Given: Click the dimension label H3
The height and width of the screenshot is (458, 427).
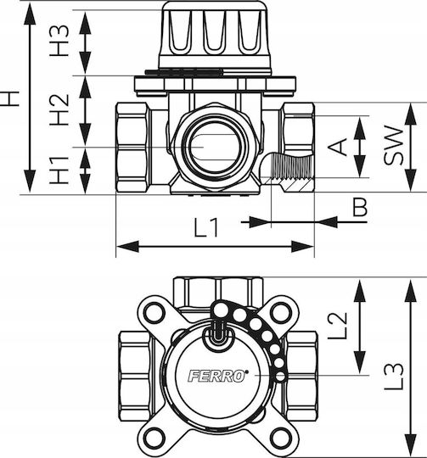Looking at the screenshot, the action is [x=59, y=41].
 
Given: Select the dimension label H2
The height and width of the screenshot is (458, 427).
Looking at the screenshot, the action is [x=59, y=110].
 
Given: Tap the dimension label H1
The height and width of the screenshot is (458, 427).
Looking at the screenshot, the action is [x=59, y=170].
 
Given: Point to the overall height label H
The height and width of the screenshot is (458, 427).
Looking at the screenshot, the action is [x=10, y=98].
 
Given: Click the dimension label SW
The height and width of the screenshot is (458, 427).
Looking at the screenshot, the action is [x=393, y=145].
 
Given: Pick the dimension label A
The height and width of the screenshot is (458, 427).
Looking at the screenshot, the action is [x=338, y=147].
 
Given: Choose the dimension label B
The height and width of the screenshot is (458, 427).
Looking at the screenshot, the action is [x=359, y=207].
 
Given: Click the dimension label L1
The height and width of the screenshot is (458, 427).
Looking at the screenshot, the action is [x=206, y=227].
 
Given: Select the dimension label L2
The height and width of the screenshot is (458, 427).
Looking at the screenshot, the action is [x=338, y=326].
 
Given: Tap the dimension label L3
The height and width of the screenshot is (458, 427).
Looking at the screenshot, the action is [x=393, y=377].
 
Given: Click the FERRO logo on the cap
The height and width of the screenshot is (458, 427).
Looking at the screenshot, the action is [x=217, y=376].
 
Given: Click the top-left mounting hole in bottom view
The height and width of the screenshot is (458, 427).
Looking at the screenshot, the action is [x=154, y=313].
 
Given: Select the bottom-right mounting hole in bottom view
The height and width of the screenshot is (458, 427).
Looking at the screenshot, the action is [x=280, y=438].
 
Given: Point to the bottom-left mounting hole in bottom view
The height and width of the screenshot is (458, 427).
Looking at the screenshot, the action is [x=154, y=438].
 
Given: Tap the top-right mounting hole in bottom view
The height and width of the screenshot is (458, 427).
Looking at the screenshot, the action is [x=280, y=313].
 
